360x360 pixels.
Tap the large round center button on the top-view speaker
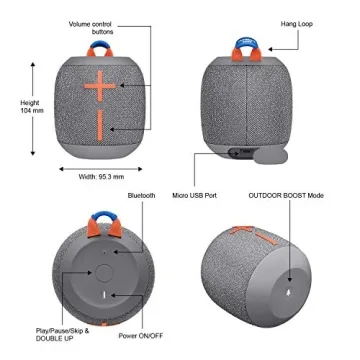click(x=105, y=272)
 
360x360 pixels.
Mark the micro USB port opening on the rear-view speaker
click(x=236, y=151)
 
